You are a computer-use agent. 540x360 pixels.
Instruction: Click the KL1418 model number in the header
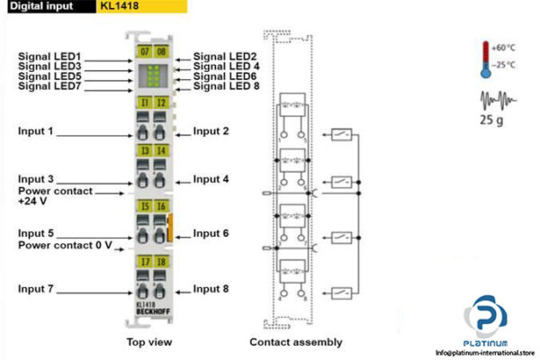[120, 6]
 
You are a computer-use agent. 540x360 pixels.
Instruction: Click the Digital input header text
[40, 6]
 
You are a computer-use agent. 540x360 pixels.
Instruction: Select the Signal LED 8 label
[226, 86]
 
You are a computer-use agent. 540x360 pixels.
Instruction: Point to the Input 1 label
[36, 131]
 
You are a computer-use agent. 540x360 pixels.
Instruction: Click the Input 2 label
[211, 131]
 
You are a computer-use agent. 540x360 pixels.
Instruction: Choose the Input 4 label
[211, 179]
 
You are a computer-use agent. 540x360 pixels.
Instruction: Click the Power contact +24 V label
[55, 196]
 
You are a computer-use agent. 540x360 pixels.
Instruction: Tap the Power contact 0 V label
[65, 244]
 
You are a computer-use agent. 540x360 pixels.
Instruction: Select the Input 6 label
[211, 233]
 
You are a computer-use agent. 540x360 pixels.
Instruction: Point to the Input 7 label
[36, 289]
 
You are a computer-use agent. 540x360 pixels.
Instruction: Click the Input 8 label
[211, 289]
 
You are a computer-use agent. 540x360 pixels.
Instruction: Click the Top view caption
[148, 342]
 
